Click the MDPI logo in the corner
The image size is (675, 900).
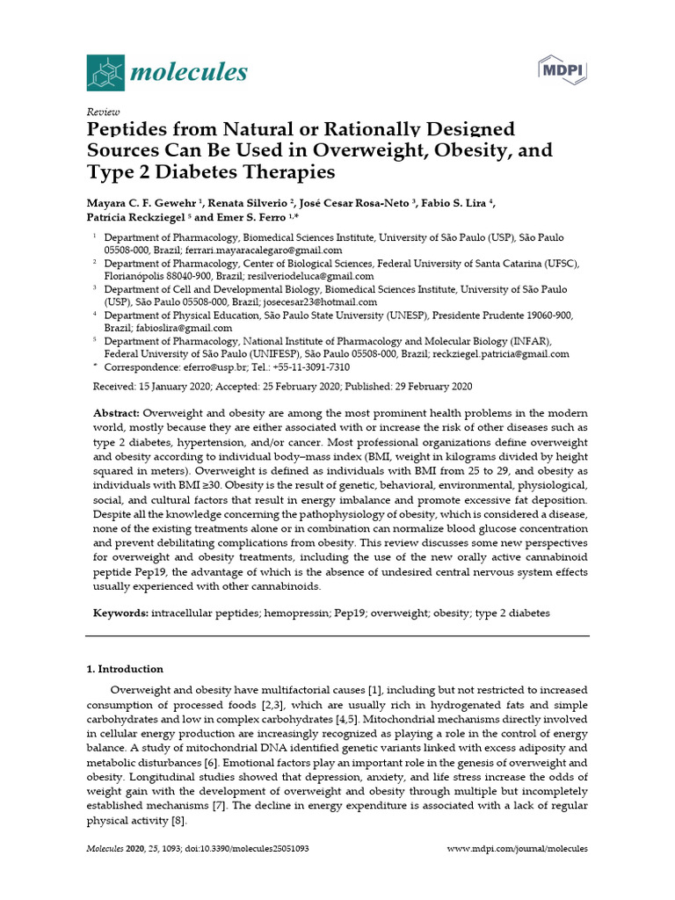click(562, 69)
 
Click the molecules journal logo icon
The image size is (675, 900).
click(105, 71)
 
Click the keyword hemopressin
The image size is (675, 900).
click(296, 613)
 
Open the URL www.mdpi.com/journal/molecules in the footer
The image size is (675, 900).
click(517, 850)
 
